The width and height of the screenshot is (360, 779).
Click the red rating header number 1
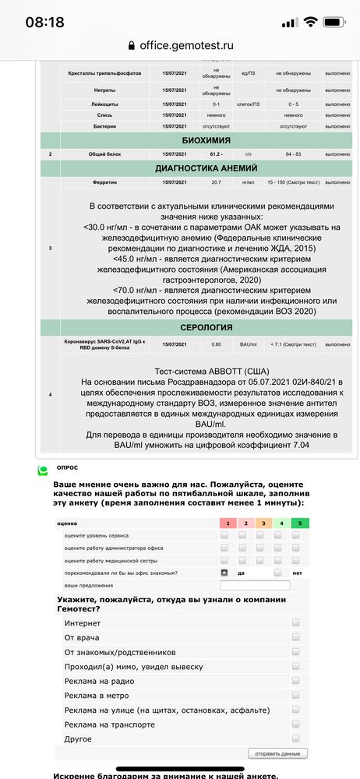pyautogui.click(x=224, y=523)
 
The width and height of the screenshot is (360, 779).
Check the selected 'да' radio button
pyautogui.click(x=224, y=573)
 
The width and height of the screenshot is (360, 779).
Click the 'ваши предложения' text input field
pyautogui.click(x=255, y=585)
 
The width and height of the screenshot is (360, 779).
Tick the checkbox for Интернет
pyautogui.click(x=295, y=623)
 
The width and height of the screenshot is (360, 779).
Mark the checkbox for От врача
pyautogui.click(x=295, y=638)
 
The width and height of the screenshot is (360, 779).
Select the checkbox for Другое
pyautogui.click(x=295, y=738)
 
